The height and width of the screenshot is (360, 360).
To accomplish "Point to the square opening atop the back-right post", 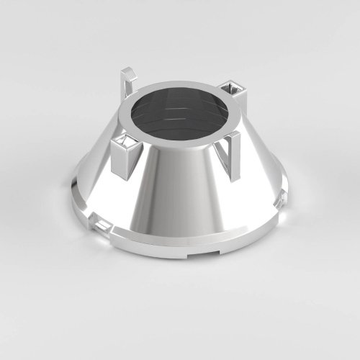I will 235,89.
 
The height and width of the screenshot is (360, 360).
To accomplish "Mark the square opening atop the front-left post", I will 127,139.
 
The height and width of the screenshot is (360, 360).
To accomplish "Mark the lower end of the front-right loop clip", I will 232,178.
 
